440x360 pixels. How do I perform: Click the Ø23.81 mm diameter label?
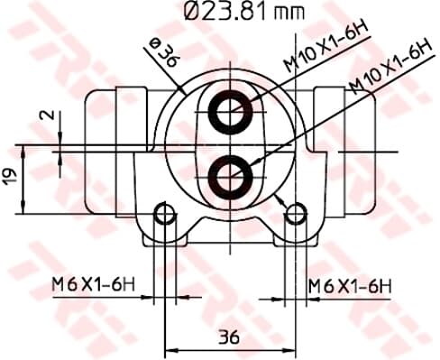coord(244,12)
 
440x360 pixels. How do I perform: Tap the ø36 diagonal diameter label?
coord(165,52)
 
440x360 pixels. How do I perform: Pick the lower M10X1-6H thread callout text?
coord(390,66)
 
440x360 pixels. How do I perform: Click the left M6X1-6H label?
coord(93,284)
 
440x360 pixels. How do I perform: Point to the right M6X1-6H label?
coord(350,286)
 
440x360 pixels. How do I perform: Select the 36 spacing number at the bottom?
coord(230,337)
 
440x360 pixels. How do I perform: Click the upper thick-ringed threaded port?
coord(231,112)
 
